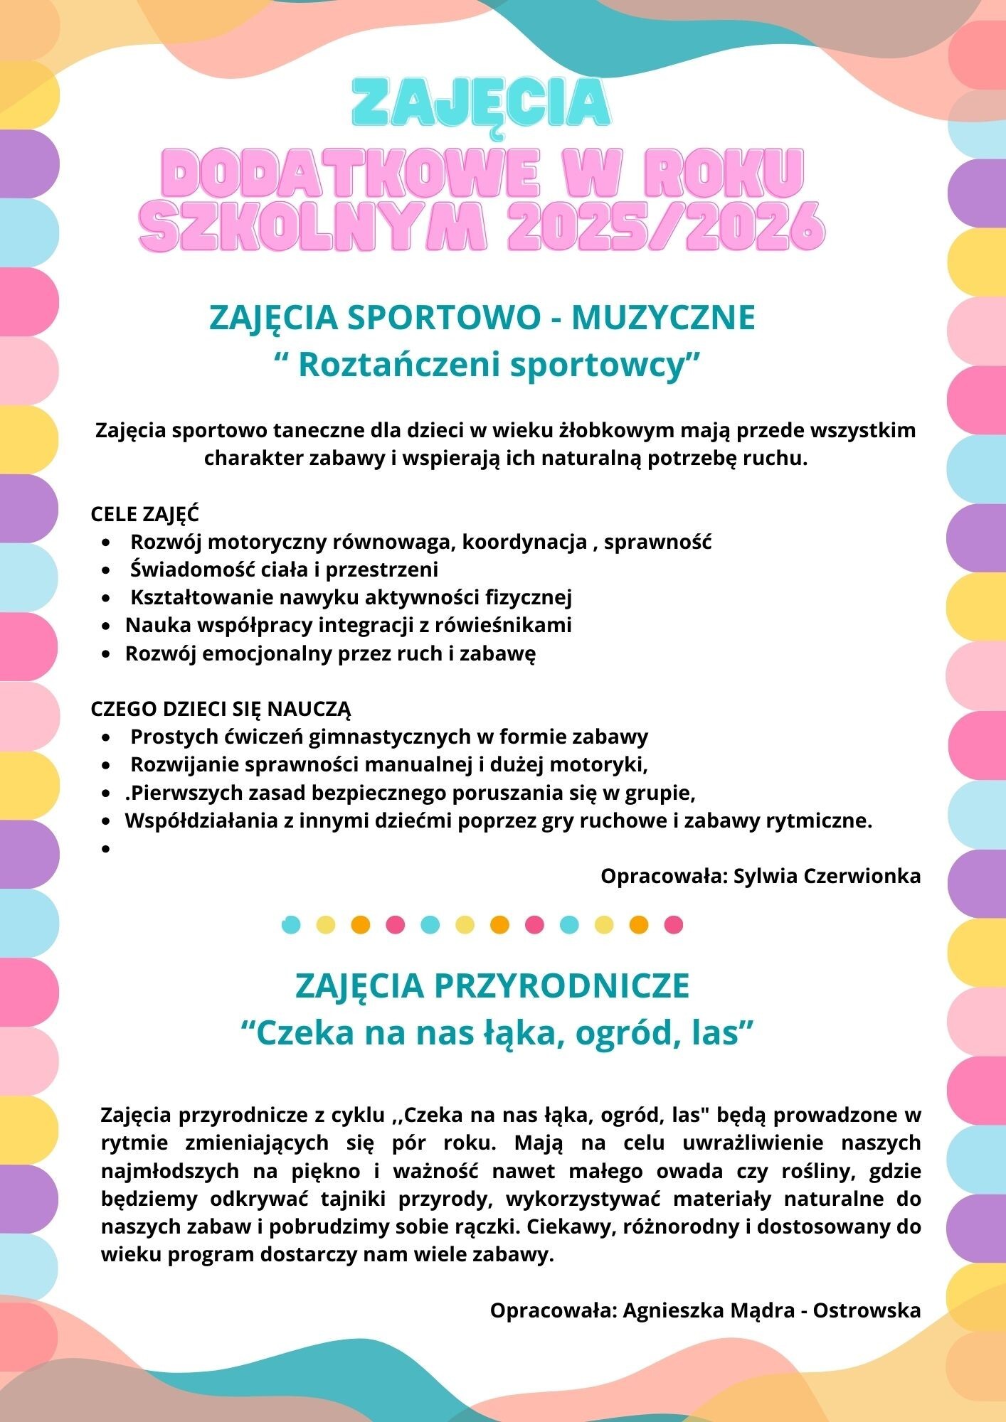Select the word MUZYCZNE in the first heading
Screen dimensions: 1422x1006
coord(663,317)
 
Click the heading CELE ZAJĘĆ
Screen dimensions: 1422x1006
coord(144,513)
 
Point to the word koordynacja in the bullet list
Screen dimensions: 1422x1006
coord(524,542)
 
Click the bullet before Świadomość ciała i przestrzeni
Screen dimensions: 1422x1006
coord(106,570)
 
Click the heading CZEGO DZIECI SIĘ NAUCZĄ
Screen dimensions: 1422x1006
coord(221,709)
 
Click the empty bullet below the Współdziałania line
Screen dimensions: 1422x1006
coord(106,848)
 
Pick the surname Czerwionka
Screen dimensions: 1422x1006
coord(862,875)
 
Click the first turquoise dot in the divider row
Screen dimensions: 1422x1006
coord(291,925)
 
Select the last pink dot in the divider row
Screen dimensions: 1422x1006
coord(673,925)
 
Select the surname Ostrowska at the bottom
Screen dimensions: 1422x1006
coord(867,1310)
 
